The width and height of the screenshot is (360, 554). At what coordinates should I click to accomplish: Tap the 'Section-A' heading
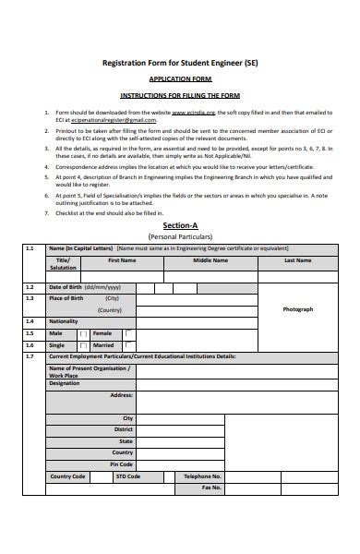(180, 225)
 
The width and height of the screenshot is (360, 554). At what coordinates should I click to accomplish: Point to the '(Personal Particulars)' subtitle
(180, 236)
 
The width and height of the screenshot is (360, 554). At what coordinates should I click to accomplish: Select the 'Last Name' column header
(296, 260)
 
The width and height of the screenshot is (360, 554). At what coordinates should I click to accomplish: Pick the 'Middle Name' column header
(210, 260)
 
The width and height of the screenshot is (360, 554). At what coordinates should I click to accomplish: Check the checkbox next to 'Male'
(84, 333)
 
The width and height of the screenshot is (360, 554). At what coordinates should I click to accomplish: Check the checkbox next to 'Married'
(128, 344)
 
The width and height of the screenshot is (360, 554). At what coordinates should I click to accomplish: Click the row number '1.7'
(30, 355)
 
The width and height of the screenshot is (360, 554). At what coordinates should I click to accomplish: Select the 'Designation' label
(65, 382)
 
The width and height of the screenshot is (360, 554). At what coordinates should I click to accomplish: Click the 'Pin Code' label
(122, 464)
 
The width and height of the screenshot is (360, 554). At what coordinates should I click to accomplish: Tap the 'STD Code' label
(127, 476)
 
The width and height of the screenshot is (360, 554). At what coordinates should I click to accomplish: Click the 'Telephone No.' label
(203, 476)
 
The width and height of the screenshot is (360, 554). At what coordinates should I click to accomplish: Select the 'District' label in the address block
(124, 429)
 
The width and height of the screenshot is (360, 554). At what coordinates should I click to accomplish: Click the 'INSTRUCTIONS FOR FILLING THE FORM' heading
(180, 95)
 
